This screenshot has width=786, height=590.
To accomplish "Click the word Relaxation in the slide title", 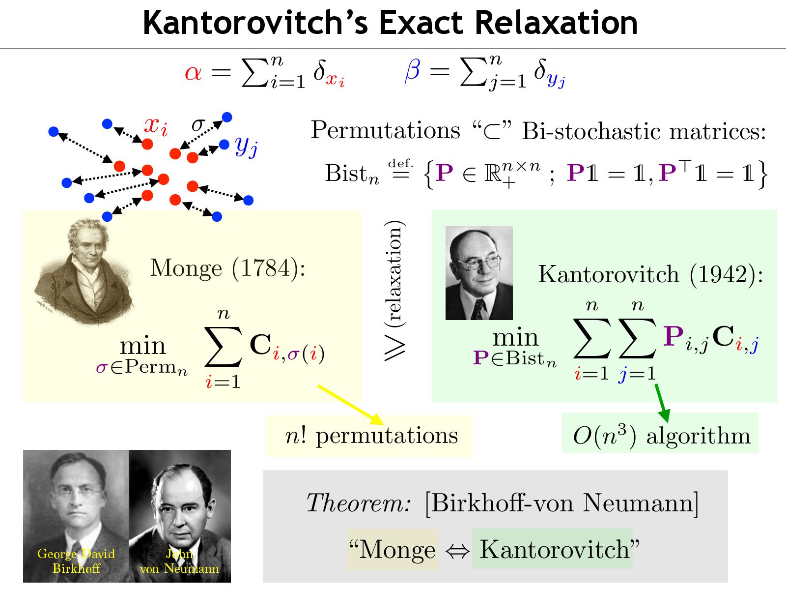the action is coord(556,23).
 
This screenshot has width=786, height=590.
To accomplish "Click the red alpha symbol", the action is coord(193,73).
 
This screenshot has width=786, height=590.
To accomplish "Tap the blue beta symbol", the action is coord(412,70).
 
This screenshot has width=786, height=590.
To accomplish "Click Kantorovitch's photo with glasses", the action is coord(478,273).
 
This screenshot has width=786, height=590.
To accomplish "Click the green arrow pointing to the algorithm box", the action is coord(662,402).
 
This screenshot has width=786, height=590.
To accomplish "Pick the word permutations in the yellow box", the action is coord(387,436).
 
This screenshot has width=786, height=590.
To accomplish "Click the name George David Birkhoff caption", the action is coord(76,561).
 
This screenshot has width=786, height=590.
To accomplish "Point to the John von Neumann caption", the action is coord(179,561).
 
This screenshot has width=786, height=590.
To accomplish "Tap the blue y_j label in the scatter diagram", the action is coord(246,146).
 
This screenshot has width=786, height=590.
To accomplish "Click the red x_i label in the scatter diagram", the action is coord(156,126).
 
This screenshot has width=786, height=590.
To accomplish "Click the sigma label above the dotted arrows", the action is coord(197,124).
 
